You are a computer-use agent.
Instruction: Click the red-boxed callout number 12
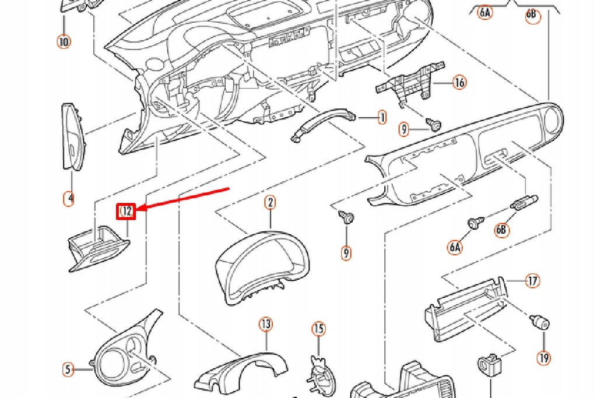point(127,211)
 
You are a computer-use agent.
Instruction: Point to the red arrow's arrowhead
point(141,208)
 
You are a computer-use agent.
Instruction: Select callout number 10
point(64,42)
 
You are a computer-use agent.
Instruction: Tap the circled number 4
point(69,198)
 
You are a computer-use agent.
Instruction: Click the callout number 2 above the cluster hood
point(270,203)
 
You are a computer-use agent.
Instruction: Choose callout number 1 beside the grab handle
point(381,118)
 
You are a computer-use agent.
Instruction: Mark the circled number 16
point(459,83)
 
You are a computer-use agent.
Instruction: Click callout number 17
point(532,281)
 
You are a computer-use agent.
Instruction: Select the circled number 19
point(544,357)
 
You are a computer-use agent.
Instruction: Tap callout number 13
point(266,324)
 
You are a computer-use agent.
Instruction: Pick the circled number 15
point(318,330)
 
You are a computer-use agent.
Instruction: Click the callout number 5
point(68,369)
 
